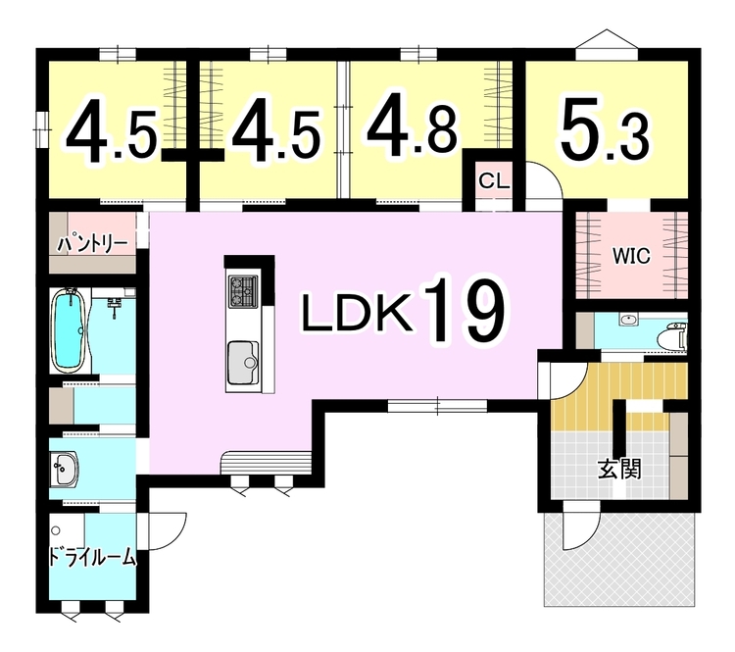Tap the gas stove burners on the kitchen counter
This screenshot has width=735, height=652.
pos(242,289)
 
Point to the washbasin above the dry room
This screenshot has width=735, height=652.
pos(65,468)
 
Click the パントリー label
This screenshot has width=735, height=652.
pos(93,241)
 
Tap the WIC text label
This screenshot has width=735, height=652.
pos(632,257)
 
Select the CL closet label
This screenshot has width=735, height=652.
pos(493,181)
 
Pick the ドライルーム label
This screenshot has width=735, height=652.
pos(92,559)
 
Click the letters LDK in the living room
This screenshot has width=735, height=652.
pos(354,314)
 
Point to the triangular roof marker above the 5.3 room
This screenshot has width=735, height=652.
pos(607,38)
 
